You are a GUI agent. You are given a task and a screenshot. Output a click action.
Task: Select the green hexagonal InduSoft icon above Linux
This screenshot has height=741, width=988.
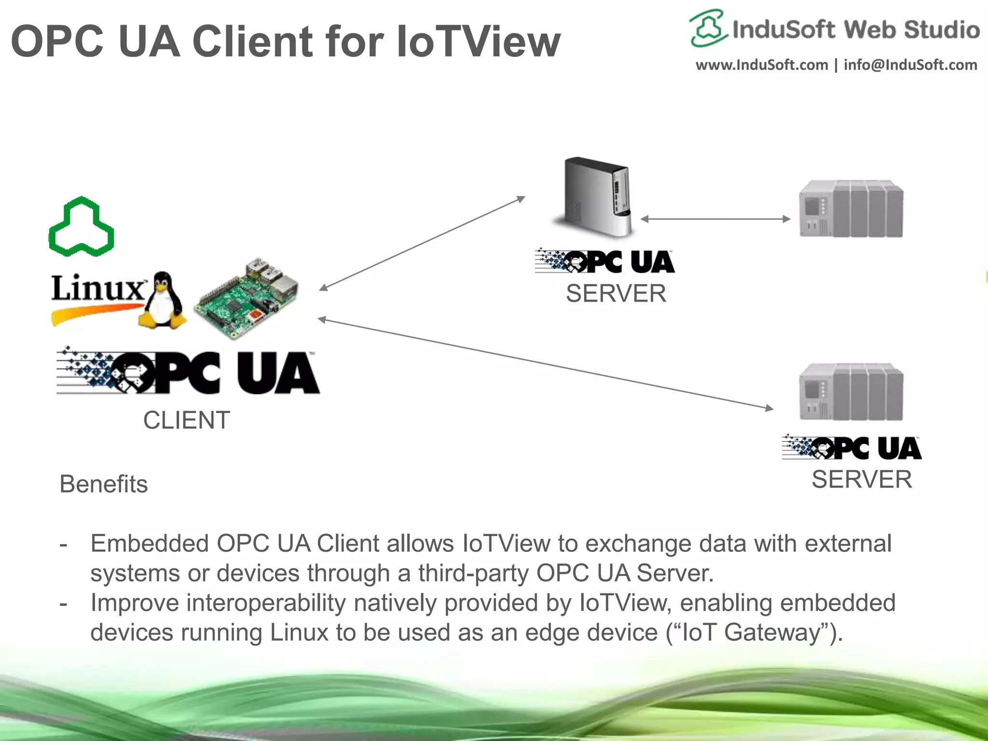coord(82,226)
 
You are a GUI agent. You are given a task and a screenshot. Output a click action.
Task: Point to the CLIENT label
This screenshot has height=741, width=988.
coord(186,420)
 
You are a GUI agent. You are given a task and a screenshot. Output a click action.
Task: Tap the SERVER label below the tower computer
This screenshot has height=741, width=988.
coord(616,293)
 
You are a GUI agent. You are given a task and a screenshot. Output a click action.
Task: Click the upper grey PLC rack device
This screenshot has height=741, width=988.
coord(851,208)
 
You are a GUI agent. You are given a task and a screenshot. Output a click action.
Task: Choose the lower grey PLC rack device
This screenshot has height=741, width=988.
coord(851,392)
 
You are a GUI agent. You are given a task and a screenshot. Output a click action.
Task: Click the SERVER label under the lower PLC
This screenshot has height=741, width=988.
coord(862,480)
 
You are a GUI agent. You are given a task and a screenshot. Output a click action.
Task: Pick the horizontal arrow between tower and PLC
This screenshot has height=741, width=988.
coord(715,219)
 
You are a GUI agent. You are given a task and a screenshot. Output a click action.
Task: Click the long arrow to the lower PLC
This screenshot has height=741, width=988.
coord(545,364)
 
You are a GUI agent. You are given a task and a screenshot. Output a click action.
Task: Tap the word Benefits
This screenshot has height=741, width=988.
coord(103,484)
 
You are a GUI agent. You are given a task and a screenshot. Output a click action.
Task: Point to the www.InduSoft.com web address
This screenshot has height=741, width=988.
coord(762,65)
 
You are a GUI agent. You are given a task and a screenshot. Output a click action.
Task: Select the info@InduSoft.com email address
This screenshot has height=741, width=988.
coord(910,65)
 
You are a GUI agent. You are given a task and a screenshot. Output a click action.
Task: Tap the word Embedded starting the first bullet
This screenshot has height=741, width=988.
coord(150,544)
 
